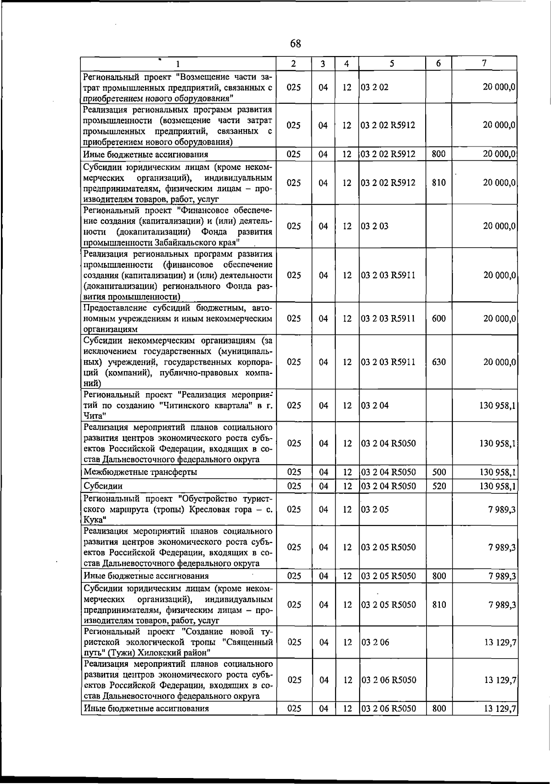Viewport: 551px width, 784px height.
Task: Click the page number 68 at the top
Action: pyautogui.click(x=296, y=44)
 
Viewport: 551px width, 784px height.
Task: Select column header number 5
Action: pyautogui.click(x=392, y=63)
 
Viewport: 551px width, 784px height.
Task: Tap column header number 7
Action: pyautogui.click(x=484, y=63)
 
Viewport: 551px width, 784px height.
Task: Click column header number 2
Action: pyautogui.click(x=293, y=63)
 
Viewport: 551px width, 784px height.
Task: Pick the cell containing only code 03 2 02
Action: pyautogui.click(x=375, y=87)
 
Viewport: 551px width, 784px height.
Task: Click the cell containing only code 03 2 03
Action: pyautogui.click(x=375, y=226)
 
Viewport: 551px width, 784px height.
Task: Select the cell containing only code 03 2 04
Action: pyautogui.click(x=375, y=406)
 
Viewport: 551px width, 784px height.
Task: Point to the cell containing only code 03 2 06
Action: pyautogui.click(x=375, y=642)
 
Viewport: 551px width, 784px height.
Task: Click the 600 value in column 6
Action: pyautogui.click(x=439, y=318)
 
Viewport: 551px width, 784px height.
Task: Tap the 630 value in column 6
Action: pyautogui.click(x=439, y=362)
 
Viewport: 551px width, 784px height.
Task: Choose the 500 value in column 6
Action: pyautogui.click(x=439, y=472)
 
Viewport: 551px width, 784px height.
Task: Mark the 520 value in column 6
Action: pyautogui.click(x=439, y=486)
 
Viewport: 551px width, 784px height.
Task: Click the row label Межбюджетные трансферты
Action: pyautogui.click(x=141, y=472)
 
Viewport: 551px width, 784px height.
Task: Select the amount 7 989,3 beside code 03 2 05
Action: pyautogui.click(x=502, y=509)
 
